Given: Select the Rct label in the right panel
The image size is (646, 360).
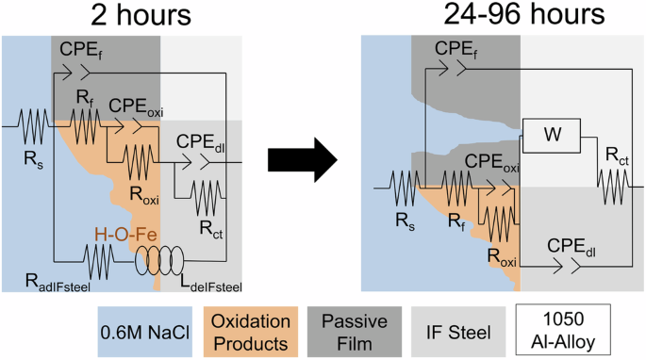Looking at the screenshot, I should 614,151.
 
